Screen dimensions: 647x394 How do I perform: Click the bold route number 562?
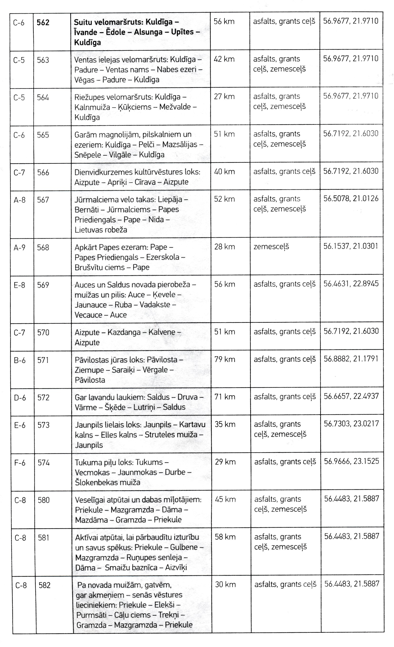(x=43, y=23)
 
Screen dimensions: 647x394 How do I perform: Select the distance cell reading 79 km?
(x=224, y=359)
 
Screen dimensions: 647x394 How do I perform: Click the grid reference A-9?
(x=20, y=248)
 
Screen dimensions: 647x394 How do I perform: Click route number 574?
(x=44, y=462)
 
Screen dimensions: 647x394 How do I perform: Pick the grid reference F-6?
(x=20, y=462)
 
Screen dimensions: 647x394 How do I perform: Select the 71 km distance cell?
(x=225, y=397)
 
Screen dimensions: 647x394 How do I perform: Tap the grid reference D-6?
(x=20, y=398)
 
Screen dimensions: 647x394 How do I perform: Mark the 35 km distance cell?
(x=225, y=424)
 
